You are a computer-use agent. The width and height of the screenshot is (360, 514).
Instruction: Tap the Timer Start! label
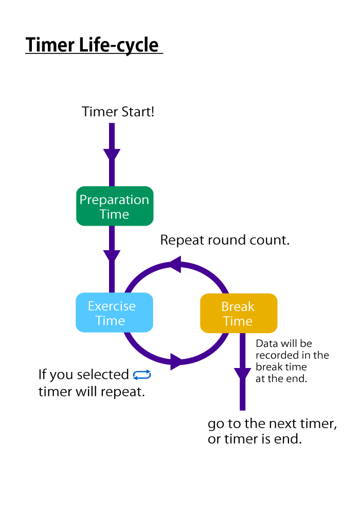118,112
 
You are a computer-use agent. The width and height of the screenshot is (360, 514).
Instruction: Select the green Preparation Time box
115,206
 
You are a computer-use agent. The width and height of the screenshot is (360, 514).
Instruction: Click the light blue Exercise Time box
114,313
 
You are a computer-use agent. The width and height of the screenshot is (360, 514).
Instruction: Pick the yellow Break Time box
239,313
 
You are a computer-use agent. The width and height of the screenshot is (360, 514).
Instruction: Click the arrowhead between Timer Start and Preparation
112,154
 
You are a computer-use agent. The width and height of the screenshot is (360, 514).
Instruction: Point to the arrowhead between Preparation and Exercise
112,256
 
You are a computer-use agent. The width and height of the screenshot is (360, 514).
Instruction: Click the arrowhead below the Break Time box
243,374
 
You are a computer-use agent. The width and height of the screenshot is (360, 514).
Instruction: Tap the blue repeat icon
142,375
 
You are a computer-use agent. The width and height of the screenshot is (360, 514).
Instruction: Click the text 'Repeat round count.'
225,240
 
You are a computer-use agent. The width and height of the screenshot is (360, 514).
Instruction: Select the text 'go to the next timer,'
272,424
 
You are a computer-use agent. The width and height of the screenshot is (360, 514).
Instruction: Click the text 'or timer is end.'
255,439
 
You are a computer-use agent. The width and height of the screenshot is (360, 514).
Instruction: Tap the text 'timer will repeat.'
92,391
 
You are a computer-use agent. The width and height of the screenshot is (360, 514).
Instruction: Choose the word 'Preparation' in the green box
114,199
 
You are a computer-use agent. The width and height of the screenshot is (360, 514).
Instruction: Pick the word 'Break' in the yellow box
238,307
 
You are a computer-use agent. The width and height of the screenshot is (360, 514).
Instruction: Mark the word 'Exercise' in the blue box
112,306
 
